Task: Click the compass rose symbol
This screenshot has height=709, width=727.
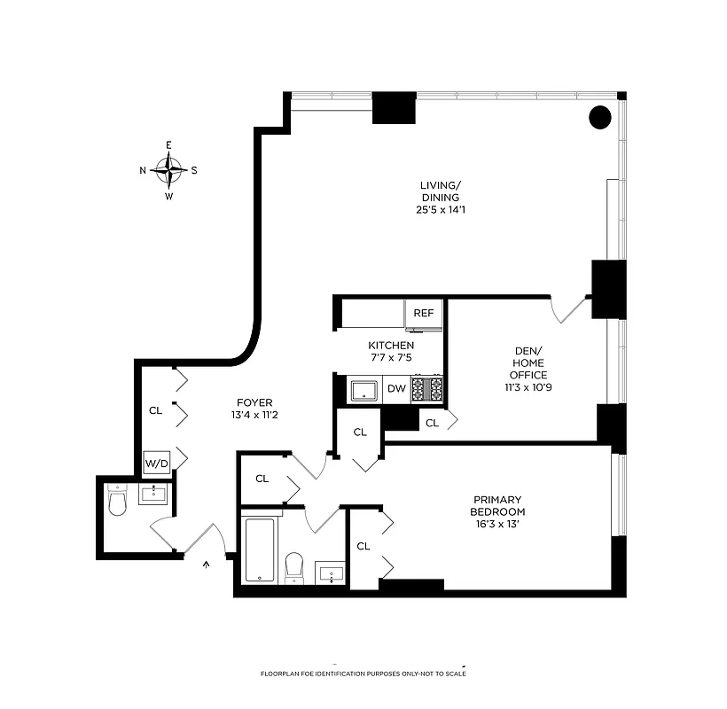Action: (x=168, y=170)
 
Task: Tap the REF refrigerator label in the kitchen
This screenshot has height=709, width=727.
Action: (x=424, y=313)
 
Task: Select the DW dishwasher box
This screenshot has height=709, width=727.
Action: (x=396, y=389)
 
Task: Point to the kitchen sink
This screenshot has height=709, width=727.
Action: (x=364, y=389)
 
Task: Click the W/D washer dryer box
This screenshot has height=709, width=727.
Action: (x=156, y=463)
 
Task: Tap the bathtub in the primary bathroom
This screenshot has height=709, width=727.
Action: (x=261, y=549)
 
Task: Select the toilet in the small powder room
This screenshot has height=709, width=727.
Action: (x=117, y=503)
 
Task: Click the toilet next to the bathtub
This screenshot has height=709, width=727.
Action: (x=295, y=566)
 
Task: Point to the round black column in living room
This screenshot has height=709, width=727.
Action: (x=600, y=116)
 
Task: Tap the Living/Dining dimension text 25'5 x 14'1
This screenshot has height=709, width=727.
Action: (x=441, y=210)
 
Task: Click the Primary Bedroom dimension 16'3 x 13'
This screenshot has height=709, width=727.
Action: (x=497, y=525)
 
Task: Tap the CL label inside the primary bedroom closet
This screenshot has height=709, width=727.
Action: (x=363, y=546)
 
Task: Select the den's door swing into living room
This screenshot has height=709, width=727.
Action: (x=567, y=308)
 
